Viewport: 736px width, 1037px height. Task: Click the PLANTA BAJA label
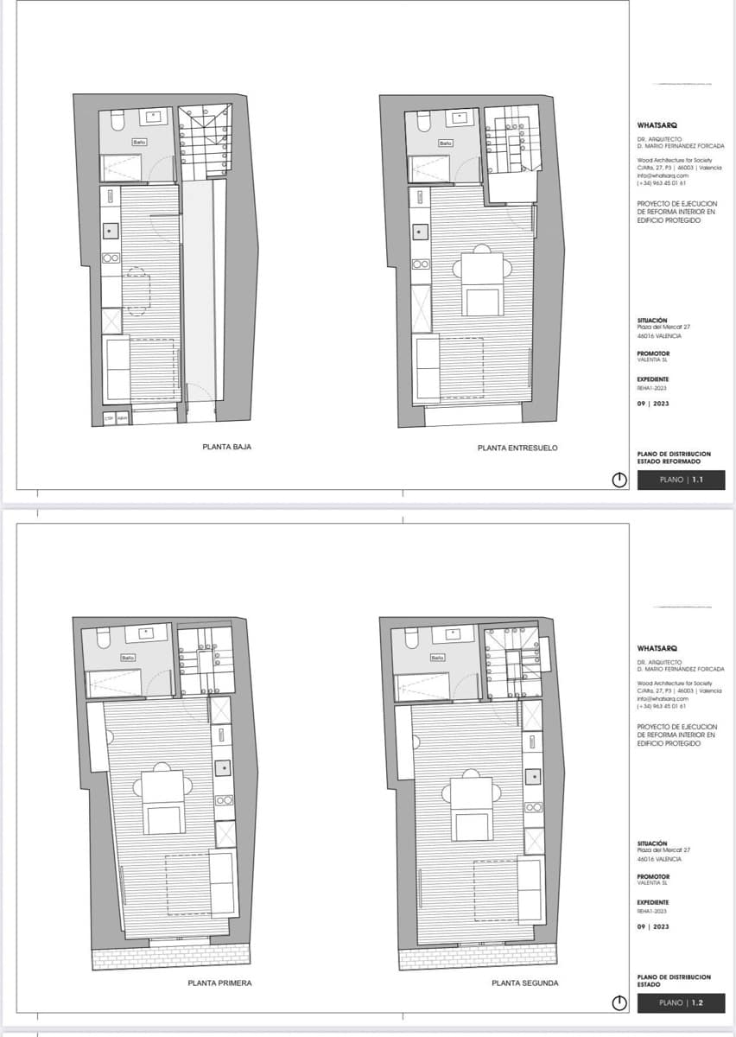(226, 448)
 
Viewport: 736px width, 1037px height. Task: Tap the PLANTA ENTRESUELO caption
(517, 448)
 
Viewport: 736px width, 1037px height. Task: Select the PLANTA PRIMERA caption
(220, 983)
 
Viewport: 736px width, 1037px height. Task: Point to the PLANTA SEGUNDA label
(525, 983)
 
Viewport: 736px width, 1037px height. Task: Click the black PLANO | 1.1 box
(681, 480)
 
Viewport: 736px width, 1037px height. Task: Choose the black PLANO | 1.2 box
(681, 1002)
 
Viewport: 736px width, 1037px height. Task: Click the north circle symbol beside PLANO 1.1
(619, 480)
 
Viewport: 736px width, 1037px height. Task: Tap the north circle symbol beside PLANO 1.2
(619, 1003)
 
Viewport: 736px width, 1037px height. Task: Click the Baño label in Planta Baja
(138, 141)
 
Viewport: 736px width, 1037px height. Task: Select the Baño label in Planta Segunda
(438, 658)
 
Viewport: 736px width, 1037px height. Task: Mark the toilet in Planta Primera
(102, 637)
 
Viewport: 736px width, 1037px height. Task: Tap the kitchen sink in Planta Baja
(110, 232)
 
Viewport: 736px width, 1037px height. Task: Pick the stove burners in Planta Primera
(224, 800)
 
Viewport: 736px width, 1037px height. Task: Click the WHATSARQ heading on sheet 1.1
(657, 125)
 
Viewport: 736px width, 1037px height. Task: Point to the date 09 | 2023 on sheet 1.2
(652, 927)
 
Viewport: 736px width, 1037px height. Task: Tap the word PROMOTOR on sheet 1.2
(653, 876)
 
